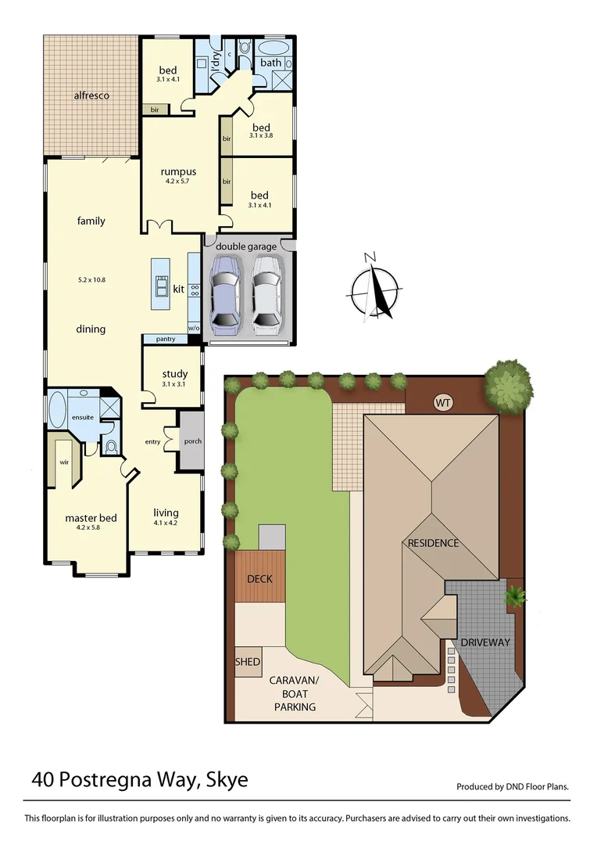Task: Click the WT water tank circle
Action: point(443,403)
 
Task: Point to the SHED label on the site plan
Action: point(248,662)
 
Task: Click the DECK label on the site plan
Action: point(259,579)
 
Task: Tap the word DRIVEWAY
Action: point(484,642)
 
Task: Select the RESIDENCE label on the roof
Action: point(432,543)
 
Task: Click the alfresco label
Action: point(91,95)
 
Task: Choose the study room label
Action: point(174,374)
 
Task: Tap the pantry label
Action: point(165,340)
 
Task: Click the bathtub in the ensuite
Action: point(57,409)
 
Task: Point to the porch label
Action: point(192,441)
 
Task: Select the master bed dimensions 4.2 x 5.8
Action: point(91,527)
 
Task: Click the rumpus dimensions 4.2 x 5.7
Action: point(177,182)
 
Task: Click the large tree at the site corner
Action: point(509,386)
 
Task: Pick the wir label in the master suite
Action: point(64,462)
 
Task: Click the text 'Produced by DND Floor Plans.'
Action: point(513,787)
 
